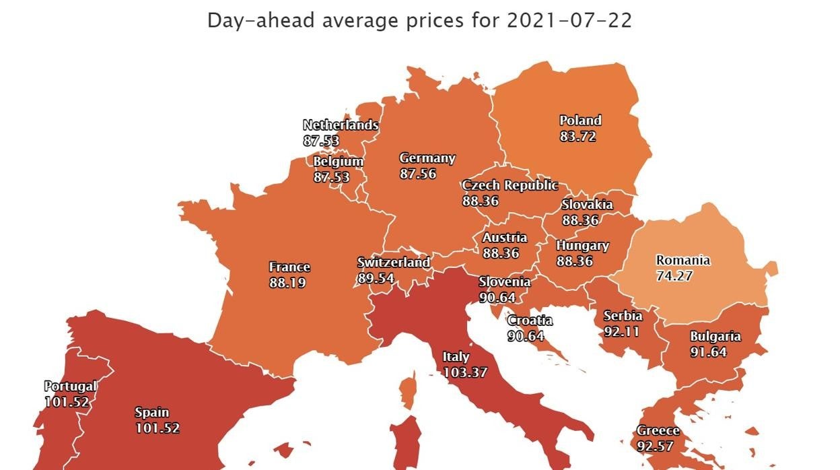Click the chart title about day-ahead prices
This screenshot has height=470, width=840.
(419, 20)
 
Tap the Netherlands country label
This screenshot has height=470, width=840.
(341, 125)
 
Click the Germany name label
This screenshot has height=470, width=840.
(427, 159)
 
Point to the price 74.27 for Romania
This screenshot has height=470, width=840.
(674, 275)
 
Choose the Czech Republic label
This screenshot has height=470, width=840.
(510, 185)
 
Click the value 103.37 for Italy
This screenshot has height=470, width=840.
(464, 372)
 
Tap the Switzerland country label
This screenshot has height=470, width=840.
(393, 263)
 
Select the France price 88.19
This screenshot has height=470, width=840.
(287, 283)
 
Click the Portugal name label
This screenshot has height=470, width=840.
(71, 387)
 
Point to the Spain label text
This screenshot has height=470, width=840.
(151, 412)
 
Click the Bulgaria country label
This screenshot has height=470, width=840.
(715, 337)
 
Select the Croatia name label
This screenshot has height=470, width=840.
(530, 321)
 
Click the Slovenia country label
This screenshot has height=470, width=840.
(504, 281)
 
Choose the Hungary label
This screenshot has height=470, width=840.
(582, 246)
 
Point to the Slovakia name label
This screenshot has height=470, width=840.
(587, 205)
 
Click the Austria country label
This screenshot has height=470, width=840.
(504, 238)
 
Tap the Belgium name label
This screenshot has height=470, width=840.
(338, 162)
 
